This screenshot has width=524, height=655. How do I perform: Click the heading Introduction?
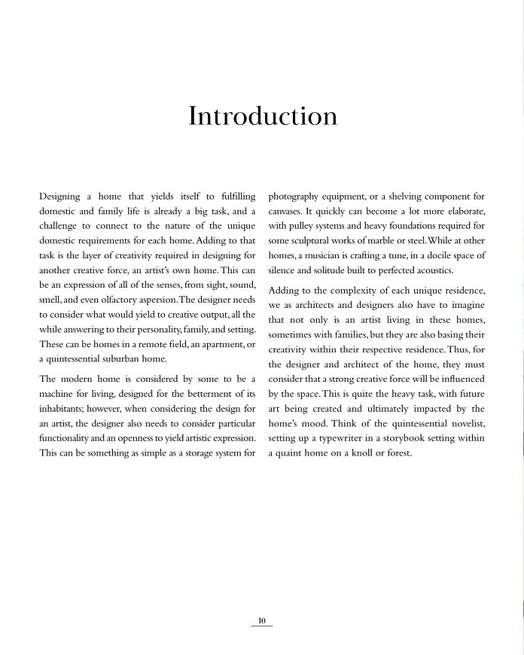[263, 117]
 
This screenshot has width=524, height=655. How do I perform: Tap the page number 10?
[262, 621]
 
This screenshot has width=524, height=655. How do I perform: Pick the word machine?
[57, 393]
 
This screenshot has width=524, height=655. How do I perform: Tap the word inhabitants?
[65, 408]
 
